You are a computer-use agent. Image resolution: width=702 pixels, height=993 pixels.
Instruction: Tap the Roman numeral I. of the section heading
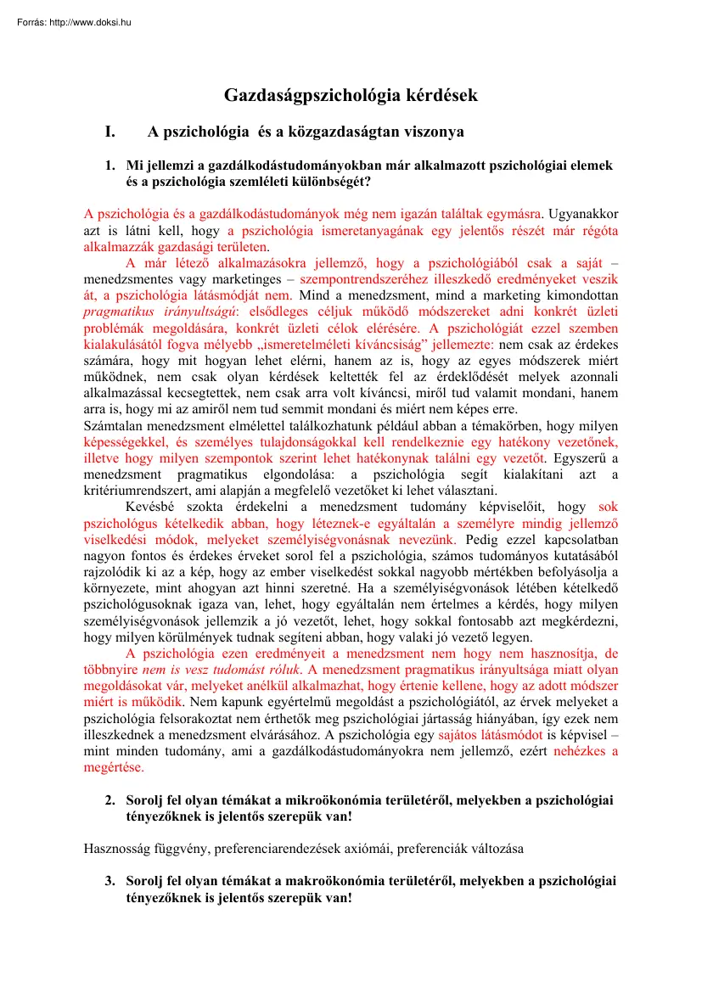(x=110, y=132)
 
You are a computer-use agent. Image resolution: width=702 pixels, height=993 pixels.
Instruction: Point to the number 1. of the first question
(x=111, y=165)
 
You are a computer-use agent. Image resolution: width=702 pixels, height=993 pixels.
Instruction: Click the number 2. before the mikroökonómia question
(x=111, y=800)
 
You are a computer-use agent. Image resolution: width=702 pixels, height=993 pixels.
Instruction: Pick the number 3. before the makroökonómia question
(x=111, y=881)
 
